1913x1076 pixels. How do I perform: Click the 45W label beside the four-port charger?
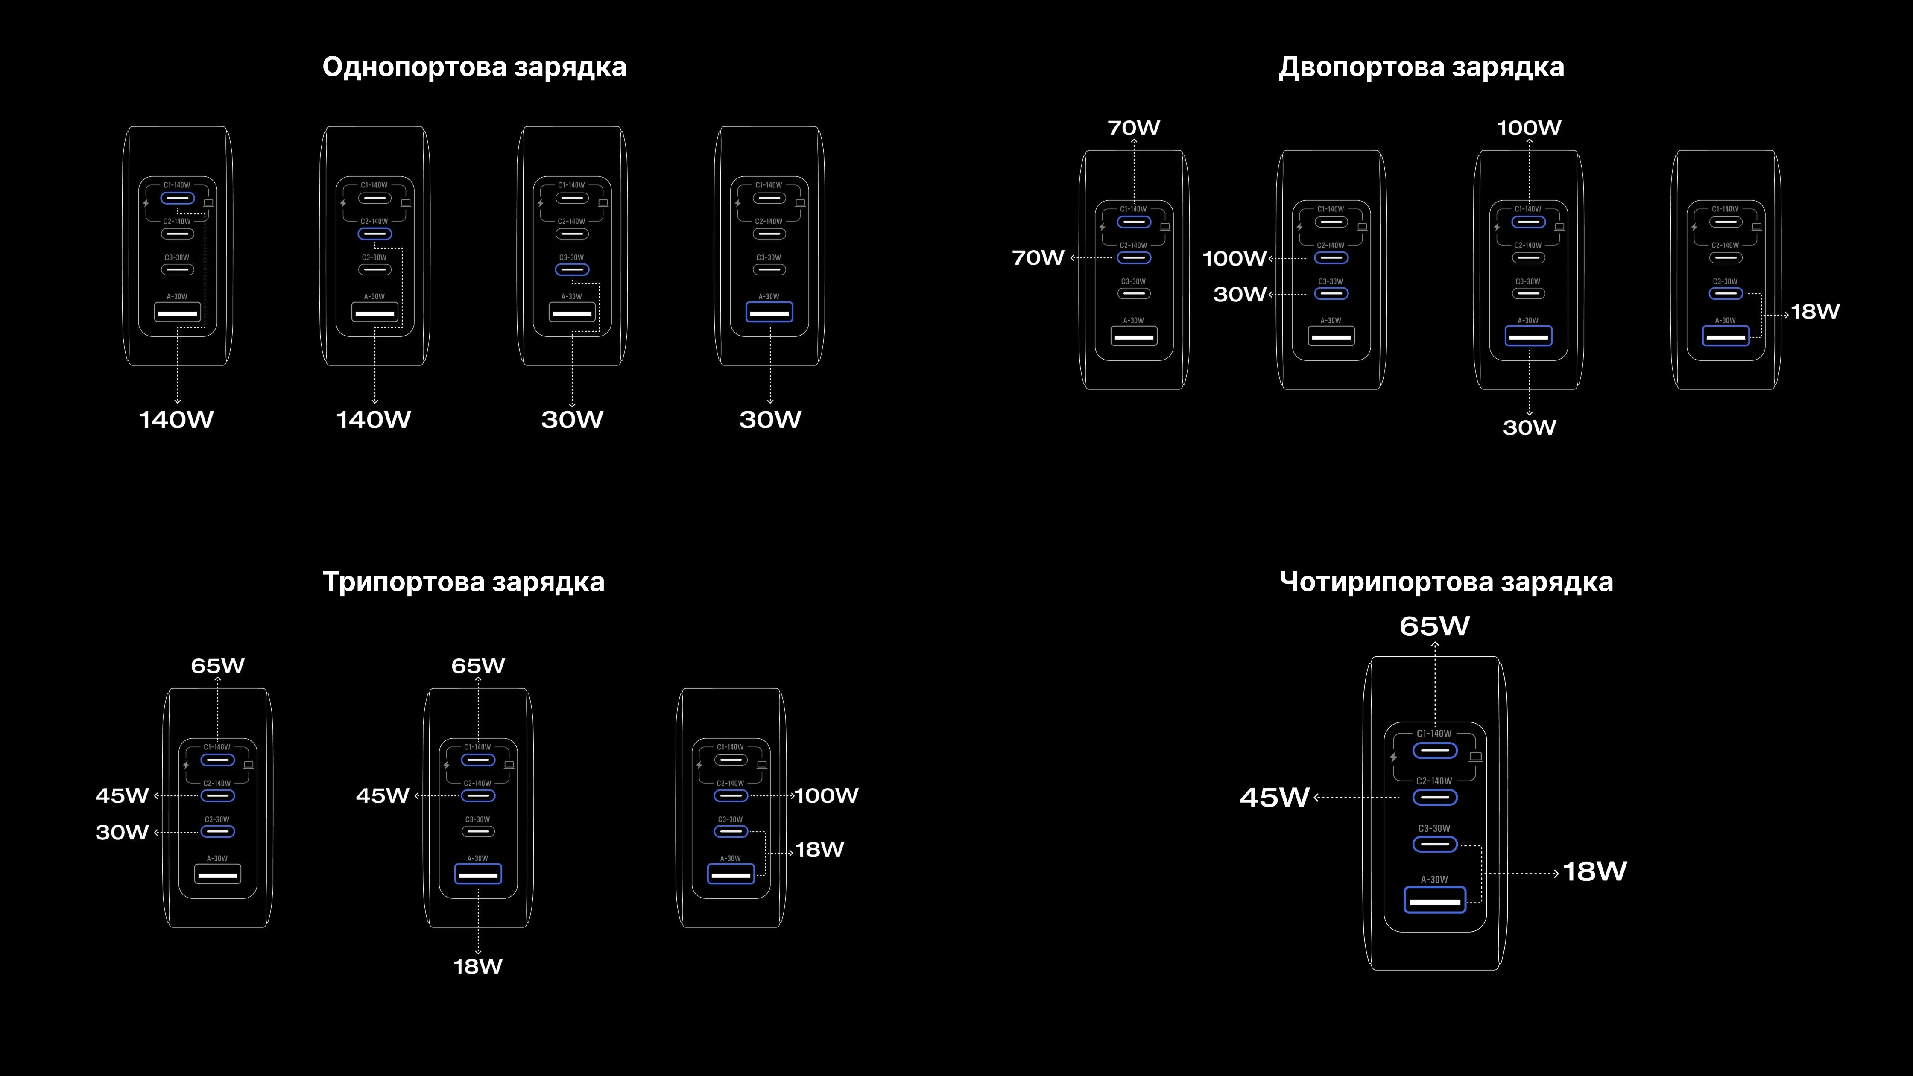[1274, 798]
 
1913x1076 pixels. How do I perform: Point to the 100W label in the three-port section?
[827, 796]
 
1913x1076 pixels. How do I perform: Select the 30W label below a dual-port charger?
[1529, 428]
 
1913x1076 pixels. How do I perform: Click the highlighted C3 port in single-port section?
[572, 269]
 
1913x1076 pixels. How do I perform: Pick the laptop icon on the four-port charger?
[1476, 757]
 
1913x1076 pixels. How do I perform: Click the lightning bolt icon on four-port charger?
[1394, 757]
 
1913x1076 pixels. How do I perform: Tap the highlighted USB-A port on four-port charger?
[1435, 900]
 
